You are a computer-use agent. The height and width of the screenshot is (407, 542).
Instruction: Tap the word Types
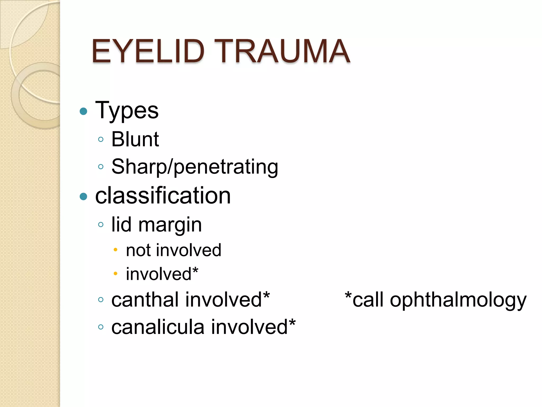127,111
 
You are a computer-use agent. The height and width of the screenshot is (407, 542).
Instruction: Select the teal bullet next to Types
83,111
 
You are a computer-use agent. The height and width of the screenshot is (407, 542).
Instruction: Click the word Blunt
135,139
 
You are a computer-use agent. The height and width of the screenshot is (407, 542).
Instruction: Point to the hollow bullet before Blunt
101,139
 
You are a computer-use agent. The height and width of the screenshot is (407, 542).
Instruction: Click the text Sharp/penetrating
195,167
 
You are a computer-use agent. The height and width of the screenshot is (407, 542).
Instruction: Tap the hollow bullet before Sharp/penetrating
101,167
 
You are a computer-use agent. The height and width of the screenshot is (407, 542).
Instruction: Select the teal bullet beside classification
83,196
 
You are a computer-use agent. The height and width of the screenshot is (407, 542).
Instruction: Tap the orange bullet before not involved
115,249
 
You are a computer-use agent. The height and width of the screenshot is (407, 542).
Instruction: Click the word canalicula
158,327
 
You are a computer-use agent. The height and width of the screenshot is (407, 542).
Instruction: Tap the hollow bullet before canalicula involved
101,327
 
